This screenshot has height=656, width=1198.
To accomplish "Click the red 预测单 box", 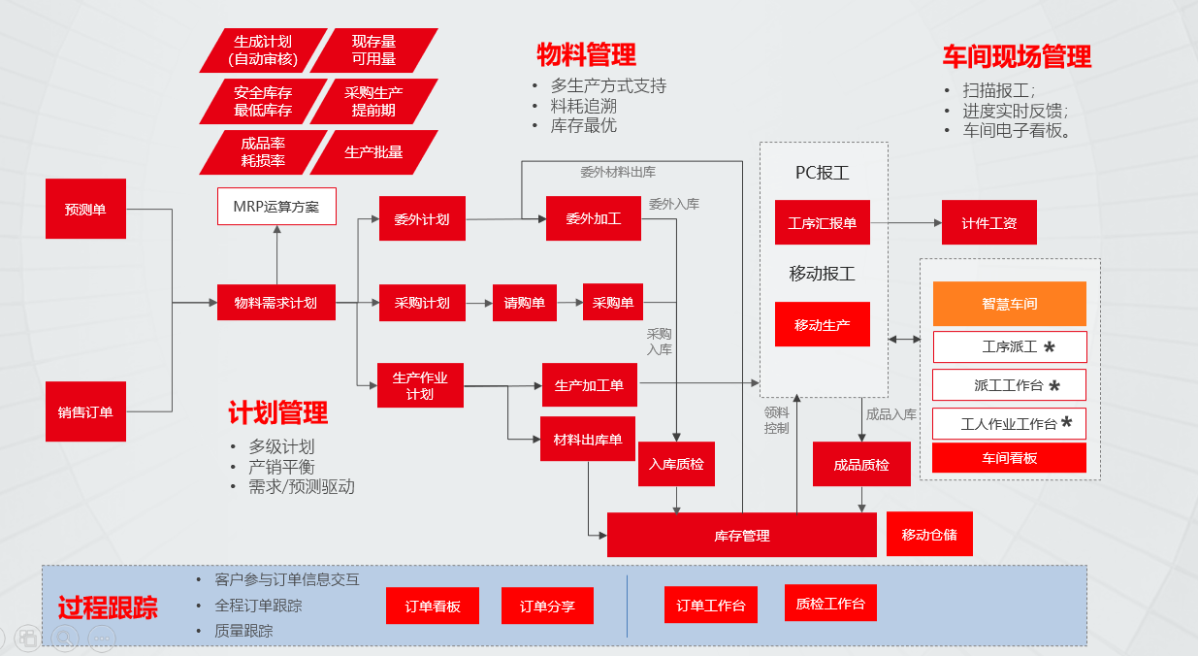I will point(85,209).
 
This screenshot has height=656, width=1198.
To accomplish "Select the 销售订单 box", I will point(85,411).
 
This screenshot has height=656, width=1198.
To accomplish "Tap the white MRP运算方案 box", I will point(276,206).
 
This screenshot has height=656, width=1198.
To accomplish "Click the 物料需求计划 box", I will point(276,303).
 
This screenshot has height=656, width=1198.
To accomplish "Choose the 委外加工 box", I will point(593,218).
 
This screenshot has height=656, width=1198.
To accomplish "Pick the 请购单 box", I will point(524,303).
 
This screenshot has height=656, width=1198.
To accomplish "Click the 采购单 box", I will point(613,303).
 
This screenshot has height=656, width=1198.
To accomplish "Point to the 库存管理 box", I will point(742,535).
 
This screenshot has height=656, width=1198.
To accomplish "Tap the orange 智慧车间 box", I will point(1009,304).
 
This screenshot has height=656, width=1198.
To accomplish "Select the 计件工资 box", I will point(988,222).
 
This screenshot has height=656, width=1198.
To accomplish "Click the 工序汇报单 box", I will point(822,222).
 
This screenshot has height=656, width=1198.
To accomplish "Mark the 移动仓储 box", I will point(929,534).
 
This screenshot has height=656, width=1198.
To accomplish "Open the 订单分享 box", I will point(547,607).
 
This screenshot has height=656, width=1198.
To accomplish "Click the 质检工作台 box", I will point(829,604).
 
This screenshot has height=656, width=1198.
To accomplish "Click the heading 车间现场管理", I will point(1017,56).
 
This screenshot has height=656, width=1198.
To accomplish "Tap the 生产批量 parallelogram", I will point(373,152).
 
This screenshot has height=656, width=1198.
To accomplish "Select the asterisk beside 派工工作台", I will point(1053,386).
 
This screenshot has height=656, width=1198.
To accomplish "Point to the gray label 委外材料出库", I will point(618,172).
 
